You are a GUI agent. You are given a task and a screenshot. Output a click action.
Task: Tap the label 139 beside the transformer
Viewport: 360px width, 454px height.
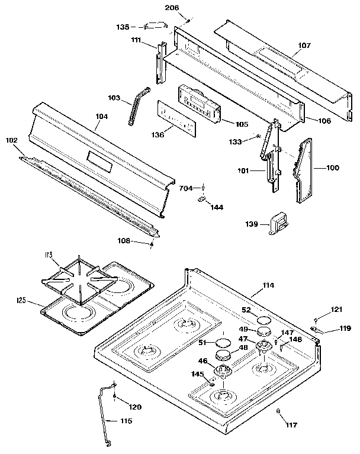[251, 224]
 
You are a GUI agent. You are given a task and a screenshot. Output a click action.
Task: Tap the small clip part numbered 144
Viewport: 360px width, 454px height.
[201, 200]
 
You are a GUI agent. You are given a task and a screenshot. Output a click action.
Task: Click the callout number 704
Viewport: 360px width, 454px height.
[187, 188]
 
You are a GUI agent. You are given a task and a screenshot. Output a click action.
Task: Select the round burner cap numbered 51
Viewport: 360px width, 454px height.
[223, 343]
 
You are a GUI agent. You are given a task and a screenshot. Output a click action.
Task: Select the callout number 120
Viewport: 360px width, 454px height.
[134, 407]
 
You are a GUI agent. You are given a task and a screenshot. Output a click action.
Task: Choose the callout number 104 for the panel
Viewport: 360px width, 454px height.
[101, 117]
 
